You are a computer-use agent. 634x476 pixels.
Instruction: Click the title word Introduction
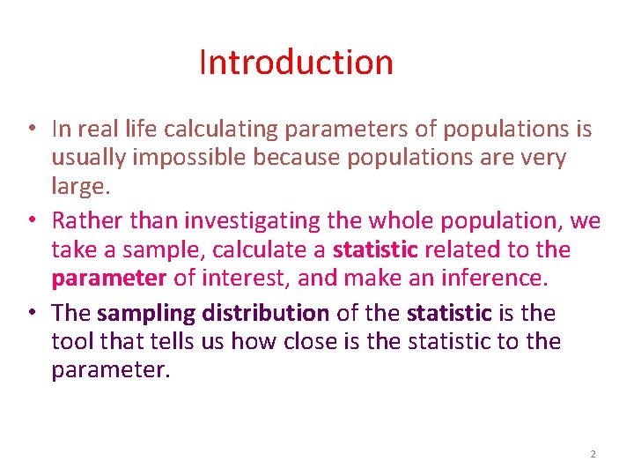point(296,63)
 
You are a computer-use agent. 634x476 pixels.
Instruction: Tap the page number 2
point(593,454)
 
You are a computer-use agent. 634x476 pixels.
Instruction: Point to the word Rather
point(88,219)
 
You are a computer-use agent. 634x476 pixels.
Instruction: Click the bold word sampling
point(146,312)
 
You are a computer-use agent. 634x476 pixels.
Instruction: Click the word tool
point(75,341)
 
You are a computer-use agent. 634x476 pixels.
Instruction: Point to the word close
point(313,341)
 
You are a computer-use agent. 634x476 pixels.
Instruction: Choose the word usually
point(87,159)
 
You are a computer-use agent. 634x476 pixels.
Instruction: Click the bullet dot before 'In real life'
point(31,129)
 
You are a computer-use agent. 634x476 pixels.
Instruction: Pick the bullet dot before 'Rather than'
point(31,219)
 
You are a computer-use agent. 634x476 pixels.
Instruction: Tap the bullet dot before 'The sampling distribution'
point(31,311)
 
